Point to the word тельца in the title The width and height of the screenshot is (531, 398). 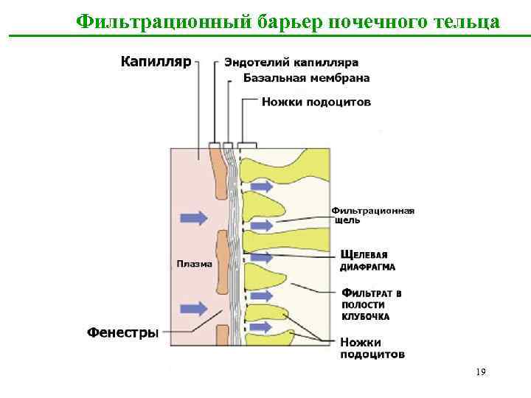pyautogui.click(x=465, y=21)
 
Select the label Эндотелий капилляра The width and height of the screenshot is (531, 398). pyautogui.click(x=291, y=63)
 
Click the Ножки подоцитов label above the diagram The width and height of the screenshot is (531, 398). pyautogui.click(x=316, y=102)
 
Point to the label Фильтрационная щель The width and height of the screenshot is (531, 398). pyautogui.click(x=372, y=215)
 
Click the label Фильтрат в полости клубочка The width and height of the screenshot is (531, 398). pyautogui.click(x=370, y=304)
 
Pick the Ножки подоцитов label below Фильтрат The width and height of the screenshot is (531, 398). pyautogui.click(x=372, y=348)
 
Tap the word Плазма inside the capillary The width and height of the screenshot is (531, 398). pyautogui.click(x=194, y=263)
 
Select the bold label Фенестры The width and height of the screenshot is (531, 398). pyautogui.click(x=122, y=332)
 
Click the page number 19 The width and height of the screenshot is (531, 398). pyautogui.click(x=480, y=372)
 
